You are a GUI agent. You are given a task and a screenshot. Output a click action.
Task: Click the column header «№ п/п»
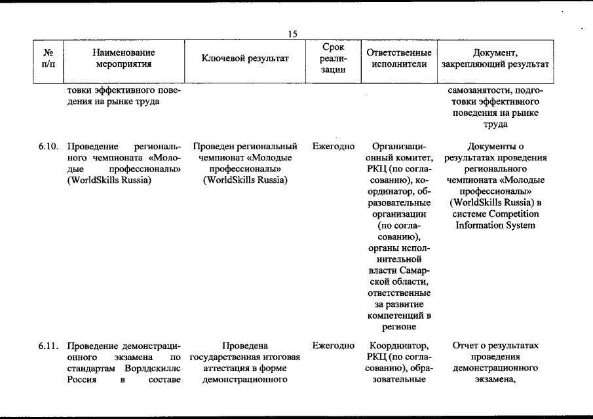[x=48, y=58]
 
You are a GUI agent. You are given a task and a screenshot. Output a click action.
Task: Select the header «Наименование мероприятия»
[x=123, y=58]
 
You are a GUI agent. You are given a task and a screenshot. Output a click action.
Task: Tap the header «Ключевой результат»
[x=246, y=58]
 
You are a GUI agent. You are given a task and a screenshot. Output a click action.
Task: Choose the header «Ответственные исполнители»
[x=399, y=58]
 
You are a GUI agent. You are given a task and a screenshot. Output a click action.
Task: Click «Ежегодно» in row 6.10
[x=334, y=147]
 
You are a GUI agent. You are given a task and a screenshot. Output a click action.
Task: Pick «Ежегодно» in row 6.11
[x=334, y=345]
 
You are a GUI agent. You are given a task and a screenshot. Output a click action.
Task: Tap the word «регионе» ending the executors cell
[x=399, y=328]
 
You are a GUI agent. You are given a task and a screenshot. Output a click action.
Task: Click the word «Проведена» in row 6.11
[x=245, y=345]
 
